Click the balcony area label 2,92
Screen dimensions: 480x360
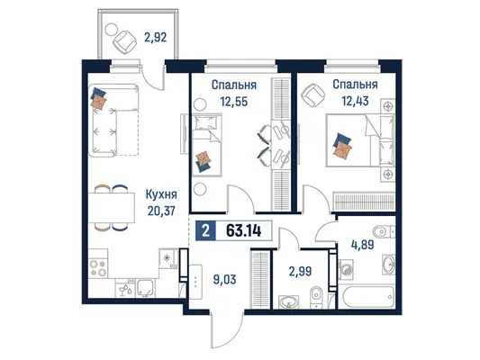click(156, 37)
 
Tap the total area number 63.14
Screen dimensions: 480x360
click(244, 230)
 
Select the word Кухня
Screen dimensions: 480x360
click(161, 194)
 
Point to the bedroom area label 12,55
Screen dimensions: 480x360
click(234, 101)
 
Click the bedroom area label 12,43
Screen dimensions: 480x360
click(355, 100)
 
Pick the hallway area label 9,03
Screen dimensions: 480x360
click(225, 279)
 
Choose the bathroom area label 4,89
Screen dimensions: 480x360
click(362, 245)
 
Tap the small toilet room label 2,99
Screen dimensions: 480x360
click(300, 271)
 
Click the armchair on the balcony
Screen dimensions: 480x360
click(124, 41)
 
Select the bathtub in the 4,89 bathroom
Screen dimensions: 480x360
click(367, 297)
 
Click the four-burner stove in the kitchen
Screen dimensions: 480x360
click(98, 267)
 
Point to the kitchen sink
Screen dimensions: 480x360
click(146, 288)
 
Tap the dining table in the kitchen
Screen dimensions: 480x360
click(112, 208)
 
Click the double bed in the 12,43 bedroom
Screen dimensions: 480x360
click(360, 140)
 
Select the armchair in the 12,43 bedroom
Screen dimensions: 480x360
click(312, 94)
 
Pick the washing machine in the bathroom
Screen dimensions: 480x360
click(346, 269)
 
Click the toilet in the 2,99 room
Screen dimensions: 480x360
click(315, 297)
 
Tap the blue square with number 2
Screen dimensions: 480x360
click(205, 230)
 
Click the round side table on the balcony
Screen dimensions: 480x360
click(111, 30)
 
